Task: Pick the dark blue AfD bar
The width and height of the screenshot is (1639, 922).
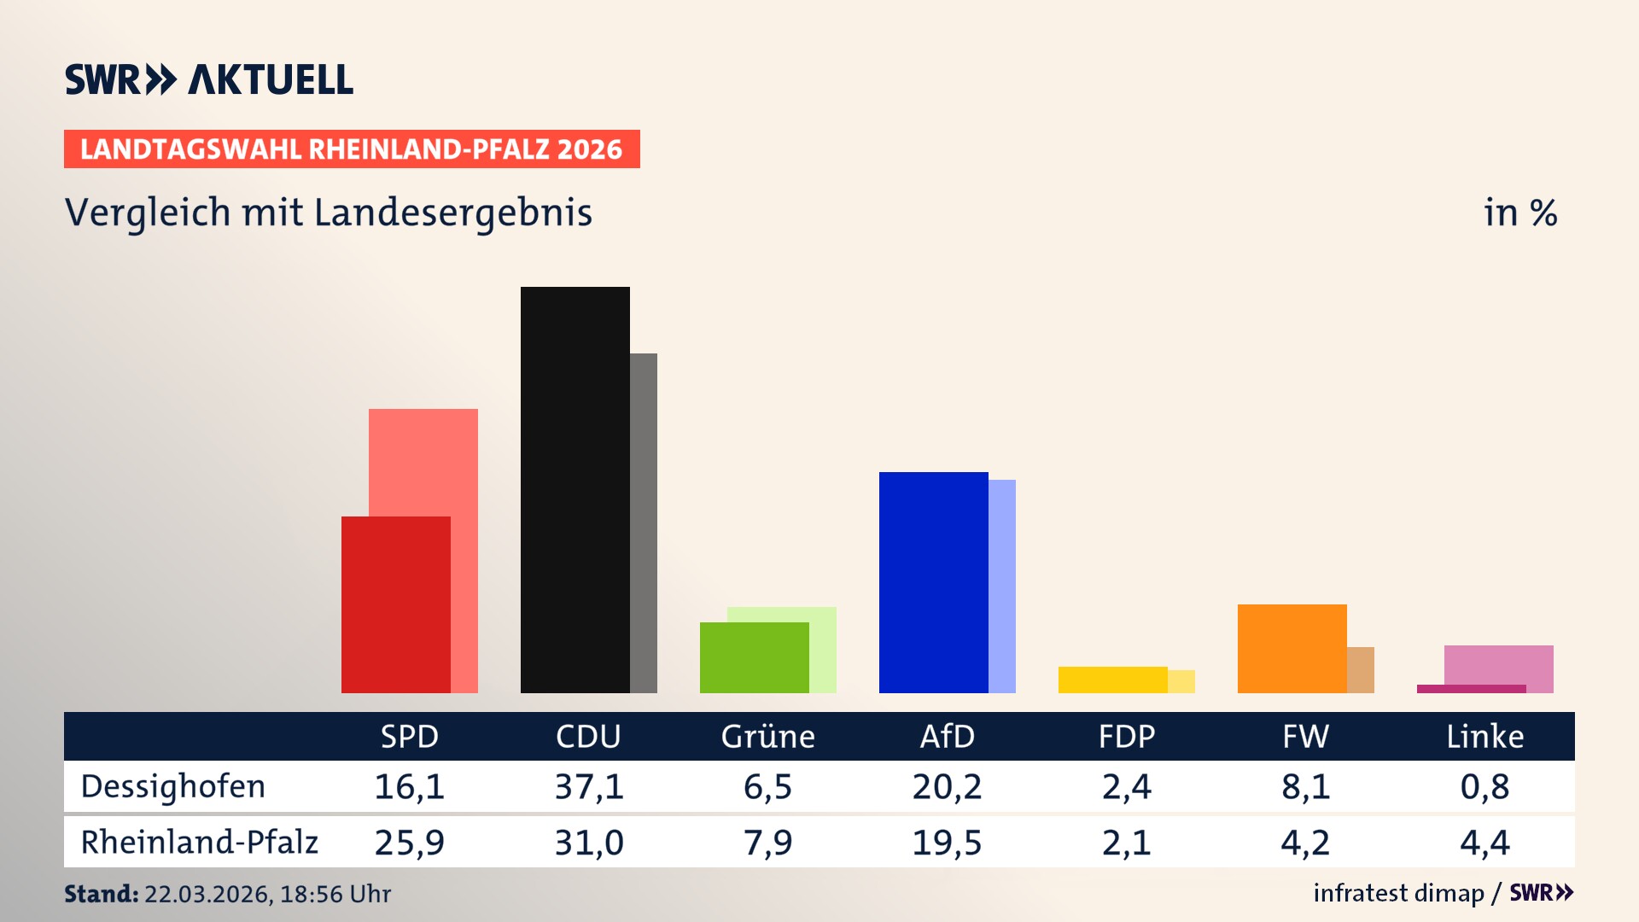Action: tap(933, 582)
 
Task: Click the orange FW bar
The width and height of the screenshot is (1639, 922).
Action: tap(1292, 648)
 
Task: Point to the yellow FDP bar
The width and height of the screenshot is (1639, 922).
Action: tap(1112, 680)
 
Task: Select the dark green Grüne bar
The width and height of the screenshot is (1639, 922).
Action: tap(754, 657)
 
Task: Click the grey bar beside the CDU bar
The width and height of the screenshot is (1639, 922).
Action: tap(644, 522)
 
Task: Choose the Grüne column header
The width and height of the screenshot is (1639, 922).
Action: tap(767, 736)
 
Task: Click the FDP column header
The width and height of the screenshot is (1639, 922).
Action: tap(1126, 736)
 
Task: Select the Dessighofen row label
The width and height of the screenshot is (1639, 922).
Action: tap(173, 786)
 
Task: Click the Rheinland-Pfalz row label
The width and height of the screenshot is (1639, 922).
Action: tap(199, 842)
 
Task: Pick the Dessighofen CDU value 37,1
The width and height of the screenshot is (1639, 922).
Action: tap(589, 786)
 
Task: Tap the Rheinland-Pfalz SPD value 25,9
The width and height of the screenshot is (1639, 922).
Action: tap(409, 843)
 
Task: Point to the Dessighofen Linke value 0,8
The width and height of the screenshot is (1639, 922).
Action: tap(1484, 786)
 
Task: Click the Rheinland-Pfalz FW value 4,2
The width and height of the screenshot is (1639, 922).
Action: tap(1305, 843)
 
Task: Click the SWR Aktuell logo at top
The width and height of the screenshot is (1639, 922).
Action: tap(209, 79)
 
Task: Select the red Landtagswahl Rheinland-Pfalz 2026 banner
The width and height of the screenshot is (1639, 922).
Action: tap(352, 149)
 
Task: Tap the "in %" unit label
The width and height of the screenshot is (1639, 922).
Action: tap(1520, 213)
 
